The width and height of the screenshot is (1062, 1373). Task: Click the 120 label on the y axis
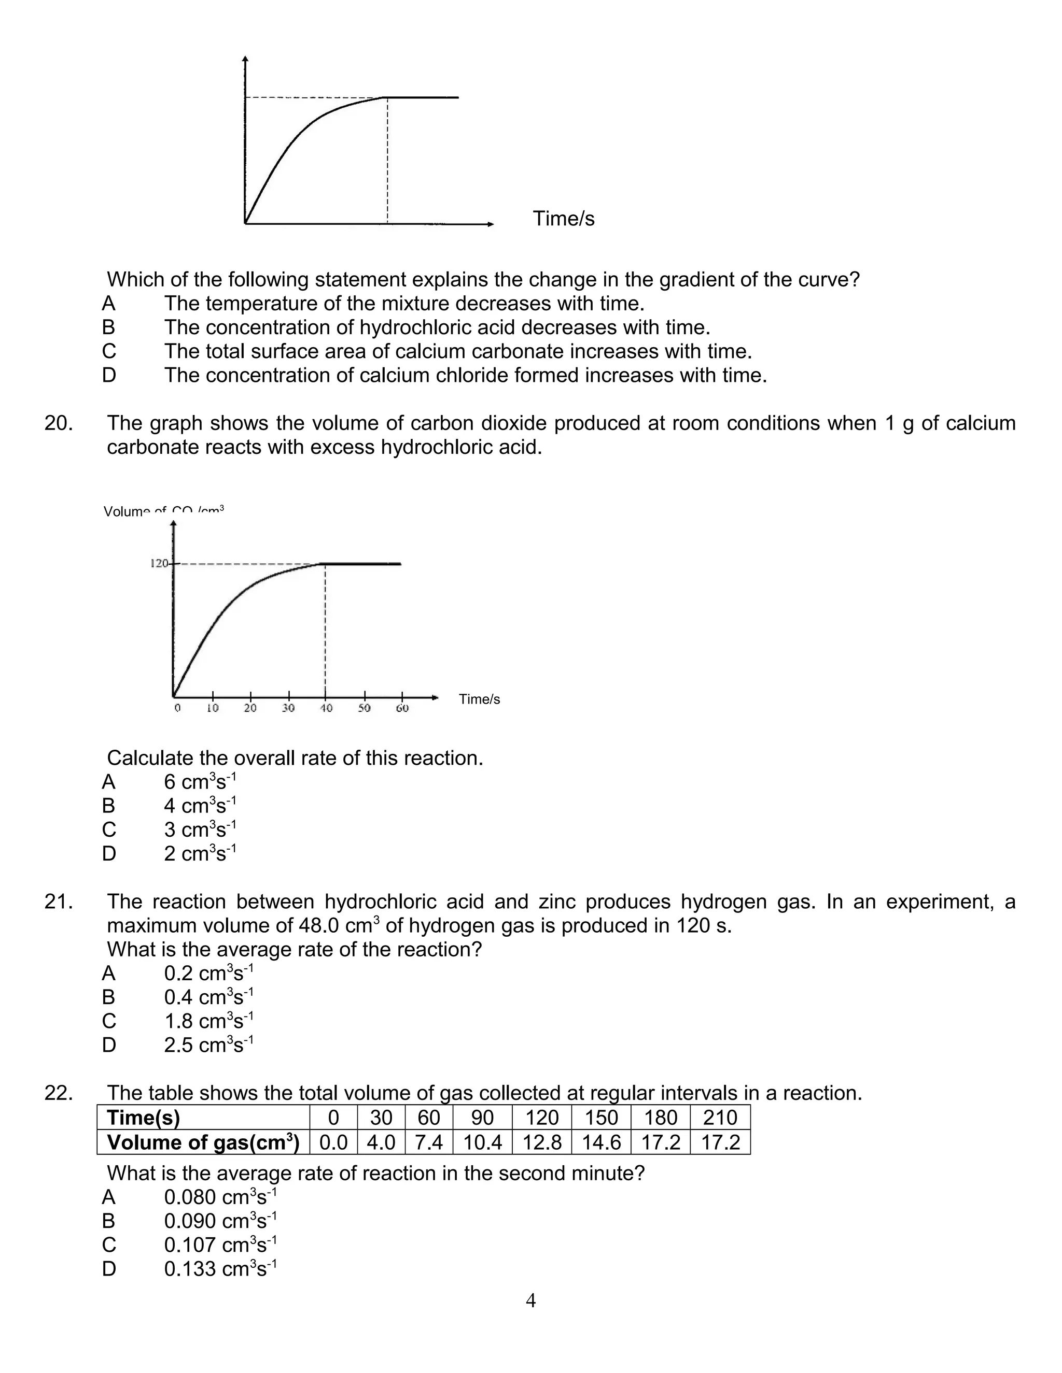click(x=159, y=563)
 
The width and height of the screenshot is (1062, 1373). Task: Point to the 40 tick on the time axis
click(x=326, y=708)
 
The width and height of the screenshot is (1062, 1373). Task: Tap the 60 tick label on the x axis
click(x=402, y=708)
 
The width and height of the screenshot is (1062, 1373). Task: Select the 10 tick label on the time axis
click(x=213, y=708)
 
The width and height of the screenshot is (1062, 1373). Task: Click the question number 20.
click(x=58, y=424)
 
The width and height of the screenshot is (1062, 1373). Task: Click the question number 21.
click(x=58, y=902)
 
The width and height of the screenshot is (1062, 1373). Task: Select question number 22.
click(x=58, y=1093)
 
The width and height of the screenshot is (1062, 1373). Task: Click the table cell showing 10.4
click(x=483, y=1142)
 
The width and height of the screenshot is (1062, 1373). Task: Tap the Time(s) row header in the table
click(x=144, y=1118)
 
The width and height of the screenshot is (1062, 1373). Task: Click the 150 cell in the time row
click(x=602, y=1118)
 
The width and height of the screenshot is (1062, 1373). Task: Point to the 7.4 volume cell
click(x=428, y=1142)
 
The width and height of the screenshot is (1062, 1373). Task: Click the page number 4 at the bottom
click(x=530, y=1300)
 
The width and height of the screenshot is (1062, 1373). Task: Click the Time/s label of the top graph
click(x=563, y=219)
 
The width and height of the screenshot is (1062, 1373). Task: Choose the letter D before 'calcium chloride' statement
click(x=109, y=375)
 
